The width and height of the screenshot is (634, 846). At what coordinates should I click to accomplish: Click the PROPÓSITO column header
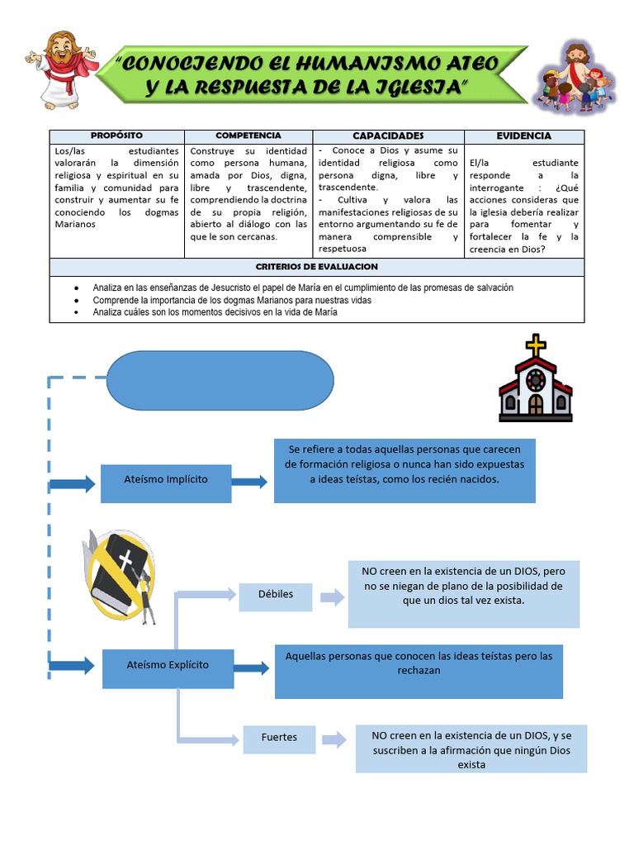click(x=116, y=135)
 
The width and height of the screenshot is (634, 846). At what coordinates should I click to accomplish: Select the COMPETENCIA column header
click(x=248, y=135)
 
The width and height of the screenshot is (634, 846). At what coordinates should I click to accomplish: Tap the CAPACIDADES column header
click(x=388, y=135)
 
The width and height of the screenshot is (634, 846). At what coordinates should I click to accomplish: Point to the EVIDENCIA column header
click(x=523, y=135)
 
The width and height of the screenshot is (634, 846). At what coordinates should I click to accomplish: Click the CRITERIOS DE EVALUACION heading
click(x=316, y=267)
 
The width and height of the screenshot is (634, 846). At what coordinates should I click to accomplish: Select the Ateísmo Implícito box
click(x=166, y=480)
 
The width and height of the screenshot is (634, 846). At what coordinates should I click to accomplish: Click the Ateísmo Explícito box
click(x=168, y=665)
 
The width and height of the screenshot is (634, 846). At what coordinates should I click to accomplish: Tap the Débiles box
click(x=276, y=595)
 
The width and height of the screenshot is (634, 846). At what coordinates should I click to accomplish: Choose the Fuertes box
click(x=279, y=738)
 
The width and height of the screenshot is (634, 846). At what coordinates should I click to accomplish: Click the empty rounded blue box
click(x=220, y=381)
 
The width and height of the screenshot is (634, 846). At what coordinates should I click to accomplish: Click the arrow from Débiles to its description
click(x=332, y=598)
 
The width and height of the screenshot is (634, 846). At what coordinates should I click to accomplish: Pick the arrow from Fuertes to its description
click(x=334, y=740)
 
